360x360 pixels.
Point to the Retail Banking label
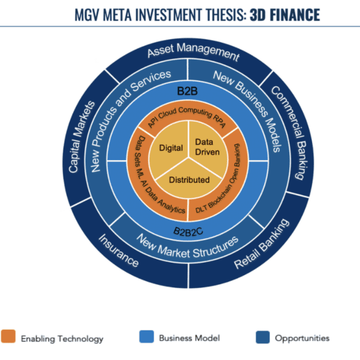tap(262, 244)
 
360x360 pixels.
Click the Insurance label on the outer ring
tap(119, 250)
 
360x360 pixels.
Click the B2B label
tap(187, 91)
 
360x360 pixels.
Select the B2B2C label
tap(188, 231)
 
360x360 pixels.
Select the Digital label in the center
tap(171, 148)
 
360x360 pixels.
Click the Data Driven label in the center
tap(207, 147)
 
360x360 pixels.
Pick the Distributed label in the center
tap(189, 180)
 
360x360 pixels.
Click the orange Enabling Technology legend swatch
tap(8, 337)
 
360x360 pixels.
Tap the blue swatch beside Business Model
tap(146, 337)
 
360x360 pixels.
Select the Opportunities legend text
tap(302, 338)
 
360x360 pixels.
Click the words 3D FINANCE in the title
tap(285, 15)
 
